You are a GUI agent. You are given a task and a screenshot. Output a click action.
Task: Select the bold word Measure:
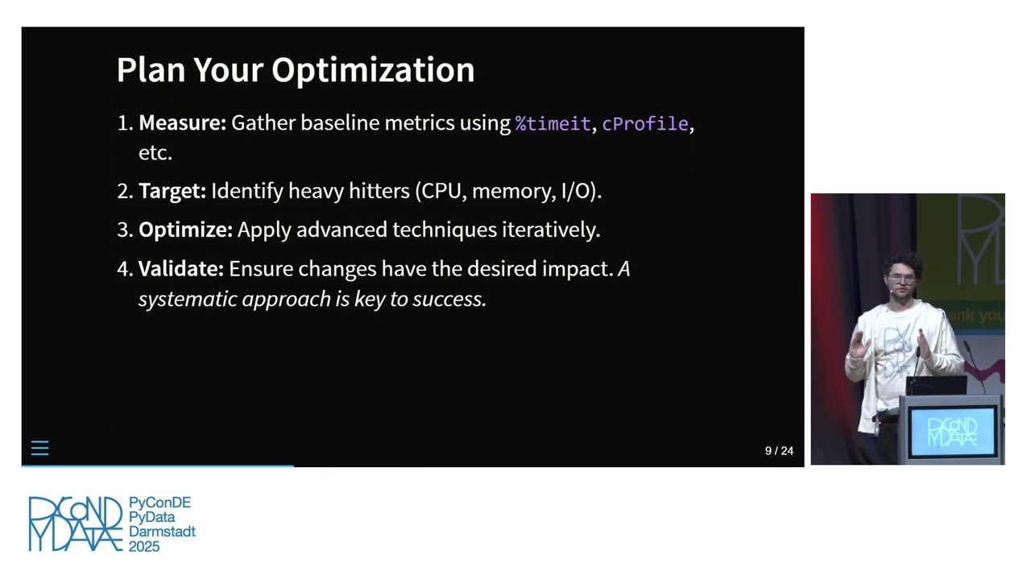182,123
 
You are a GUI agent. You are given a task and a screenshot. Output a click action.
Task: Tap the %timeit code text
553,124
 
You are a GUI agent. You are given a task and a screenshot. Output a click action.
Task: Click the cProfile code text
645,124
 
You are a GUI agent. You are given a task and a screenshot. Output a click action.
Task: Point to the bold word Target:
172,191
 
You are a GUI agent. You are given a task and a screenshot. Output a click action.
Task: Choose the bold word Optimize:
185,230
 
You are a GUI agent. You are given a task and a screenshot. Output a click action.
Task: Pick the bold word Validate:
181,269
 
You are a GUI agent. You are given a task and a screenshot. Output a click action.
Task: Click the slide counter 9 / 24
779,451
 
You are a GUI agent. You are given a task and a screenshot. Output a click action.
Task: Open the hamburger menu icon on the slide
39,449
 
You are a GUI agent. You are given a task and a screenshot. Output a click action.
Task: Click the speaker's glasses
901,280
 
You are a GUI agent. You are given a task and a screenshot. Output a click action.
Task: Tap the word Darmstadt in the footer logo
162,532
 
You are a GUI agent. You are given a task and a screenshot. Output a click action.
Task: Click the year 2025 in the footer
144,546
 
